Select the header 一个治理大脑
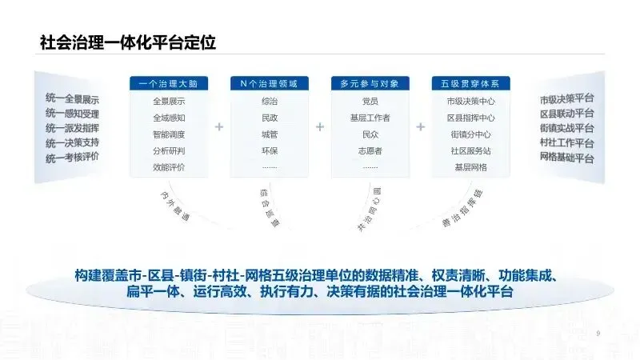click(169, 83)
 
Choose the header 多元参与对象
click(370, 83)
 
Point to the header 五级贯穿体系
click(470, 83)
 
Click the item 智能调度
click(169, 134)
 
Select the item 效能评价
click(169, 166)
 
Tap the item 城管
click(269, 134)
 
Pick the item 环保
click(269, 150)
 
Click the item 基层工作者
click(370, 118)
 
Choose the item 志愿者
click(370, 150)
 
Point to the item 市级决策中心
click(470, 102)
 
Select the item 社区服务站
click(470, 150)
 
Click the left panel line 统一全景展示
click(72, 99)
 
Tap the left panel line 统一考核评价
click(72, 156)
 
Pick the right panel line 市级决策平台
click(567, 99)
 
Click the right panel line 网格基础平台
click(567, 158)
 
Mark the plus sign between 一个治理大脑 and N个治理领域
click(219, 126)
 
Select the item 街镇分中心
click(470, 134)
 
